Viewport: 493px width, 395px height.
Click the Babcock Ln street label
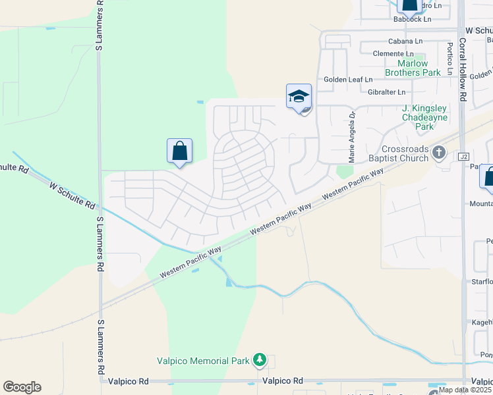click(412, 19)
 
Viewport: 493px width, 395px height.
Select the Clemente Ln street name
click(393, 53)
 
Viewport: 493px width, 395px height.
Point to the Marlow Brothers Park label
click(413, 68)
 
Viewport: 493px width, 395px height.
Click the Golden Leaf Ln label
click(348, 80)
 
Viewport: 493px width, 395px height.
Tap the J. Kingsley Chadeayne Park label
click(425, 117)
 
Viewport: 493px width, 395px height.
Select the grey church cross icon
click(440, 154)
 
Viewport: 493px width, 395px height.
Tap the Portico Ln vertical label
click(449, 59)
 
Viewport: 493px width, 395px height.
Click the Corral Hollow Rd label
click(463, 69)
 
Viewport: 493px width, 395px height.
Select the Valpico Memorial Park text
click(203, 361)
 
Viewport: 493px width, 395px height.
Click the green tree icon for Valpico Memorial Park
click(260, 359)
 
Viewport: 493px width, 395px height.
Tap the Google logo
click(22, 387)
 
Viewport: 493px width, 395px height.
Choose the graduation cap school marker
click(299, 97)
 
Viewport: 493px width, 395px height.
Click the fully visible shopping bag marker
click(179, 151)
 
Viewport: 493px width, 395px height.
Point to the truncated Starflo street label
click(484, 282)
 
